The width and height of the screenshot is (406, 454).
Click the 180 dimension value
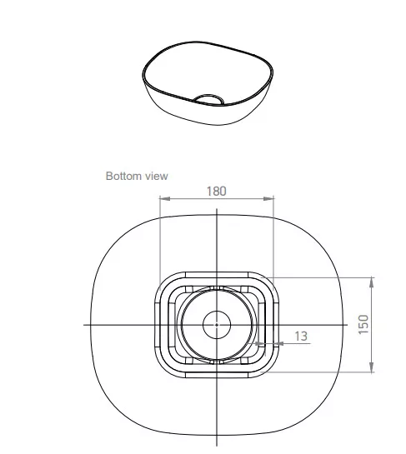click(x=216, y=191)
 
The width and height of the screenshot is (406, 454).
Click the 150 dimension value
click(x=363, y=324)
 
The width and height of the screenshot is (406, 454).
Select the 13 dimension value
click(x=301, y=336)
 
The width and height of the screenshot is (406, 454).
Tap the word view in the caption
click(x=157, y=176)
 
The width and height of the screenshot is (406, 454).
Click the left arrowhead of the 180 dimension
click(x=165, y=198)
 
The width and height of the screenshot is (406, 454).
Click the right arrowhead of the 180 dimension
click(x=268, y=198)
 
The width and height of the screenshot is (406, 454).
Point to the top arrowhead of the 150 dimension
click(x=372, y=282)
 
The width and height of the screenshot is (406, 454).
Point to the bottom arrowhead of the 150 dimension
click(x=372, y=367)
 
